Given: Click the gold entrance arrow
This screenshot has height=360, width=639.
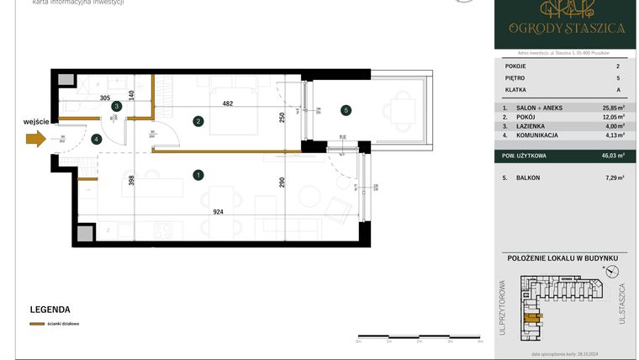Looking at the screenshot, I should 35,140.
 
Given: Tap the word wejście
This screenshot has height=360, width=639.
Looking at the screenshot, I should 36,121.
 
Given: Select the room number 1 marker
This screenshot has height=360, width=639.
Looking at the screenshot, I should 198,175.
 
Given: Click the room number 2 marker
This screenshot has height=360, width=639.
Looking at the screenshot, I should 198,121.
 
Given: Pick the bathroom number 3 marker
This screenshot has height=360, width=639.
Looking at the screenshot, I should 117,106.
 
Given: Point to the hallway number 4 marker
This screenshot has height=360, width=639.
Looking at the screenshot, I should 98,139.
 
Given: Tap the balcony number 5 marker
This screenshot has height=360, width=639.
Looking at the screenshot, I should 346,109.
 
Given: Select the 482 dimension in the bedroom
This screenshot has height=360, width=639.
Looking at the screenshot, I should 227,103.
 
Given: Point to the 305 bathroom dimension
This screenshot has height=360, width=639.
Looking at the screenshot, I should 105,98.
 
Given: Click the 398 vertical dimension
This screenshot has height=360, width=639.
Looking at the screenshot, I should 131,180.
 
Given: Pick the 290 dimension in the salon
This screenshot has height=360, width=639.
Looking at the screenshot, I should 283,182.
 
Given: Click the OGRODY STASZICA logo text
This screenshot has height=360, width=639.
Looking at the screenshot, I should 566,28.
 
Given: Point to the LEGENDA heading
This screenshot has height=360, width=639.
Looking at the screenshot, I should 50,309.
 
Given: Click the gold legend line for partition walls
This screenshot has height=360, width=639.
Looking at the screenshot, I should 37,324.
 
